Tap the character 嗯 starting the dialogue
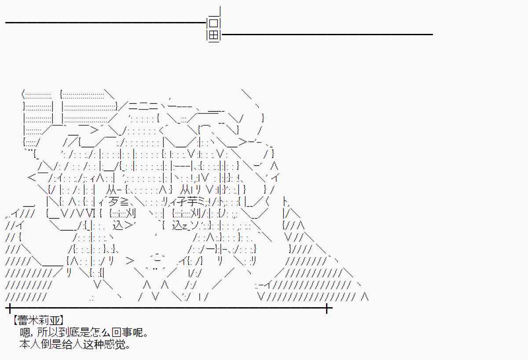tap(25, 332)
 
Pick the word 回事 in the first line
tap(119, 332)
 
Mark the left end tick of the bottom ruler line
tap(9, 308)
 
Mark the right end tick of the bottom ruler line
tap(327, 308)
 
